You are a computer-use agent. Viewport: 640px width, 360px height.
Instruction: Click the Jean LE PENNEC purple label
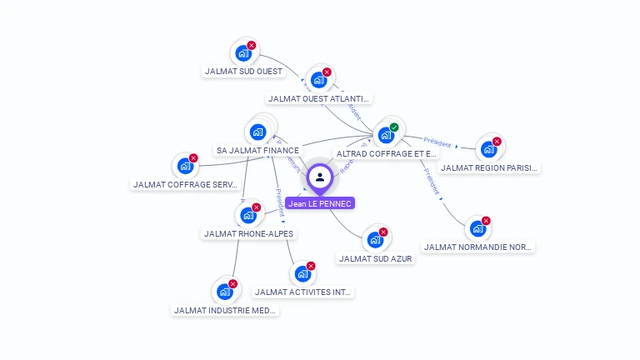coord(320,203)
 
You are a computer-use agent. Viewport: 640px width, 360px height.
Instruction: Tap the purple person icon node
coord(320,177)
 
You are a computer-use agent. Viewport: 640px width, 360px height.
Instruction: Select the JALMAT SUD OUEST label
coord(244,72)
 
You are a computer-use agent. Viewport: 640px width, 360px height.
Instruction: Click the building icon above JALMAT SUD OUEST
coord(243,53)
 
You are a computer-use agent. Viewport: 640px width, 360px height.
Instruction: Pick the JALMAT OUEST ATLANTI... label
coord(320,99)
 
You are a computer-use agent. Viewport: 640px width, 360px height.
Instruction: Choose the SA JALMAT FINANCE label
coord(257,151)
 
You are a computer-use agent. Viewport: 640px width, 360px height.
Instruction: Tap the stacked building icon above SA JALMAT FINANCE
coord(258,132)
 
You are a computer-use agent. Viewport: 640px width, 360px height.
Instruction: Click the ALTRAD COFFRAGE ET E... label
coord(387,154)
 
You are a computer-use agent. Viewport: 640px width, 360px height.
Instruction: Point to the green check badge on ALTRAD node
coord(394,127)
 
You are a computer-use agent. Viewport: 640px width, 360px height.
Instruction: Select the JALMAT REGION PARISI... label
coord(490,168)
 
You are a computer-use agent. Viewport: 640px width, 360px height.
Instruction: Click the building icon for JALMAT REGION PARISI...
coord(488,150)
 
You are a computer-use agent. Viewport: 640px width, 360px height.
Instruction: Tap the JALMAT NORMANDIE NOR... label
coord(478,247)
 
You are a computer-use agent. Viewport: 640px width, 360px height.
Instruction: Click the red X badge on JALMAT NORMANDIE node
coord(486,221)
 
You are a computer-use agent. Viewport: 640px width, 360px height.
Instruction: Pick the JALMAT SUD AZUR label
coord(376,259)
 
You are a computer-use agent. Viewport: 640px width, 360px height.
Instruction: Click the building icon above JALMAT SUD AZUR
coord(375,240)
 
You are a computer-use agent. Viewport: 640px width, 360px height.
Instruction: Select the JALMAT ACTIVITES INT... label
coord(304,292)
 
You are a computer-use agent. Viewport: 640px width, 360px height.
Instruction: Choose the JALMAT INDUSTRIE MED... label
coord(225,311)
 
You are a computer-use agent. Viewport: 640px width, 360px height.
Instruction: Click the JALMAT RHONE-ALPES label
coord(248,234)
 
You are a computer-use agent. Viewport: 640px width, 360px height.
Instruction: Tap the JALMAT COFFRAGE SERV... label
coord(186,185)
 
